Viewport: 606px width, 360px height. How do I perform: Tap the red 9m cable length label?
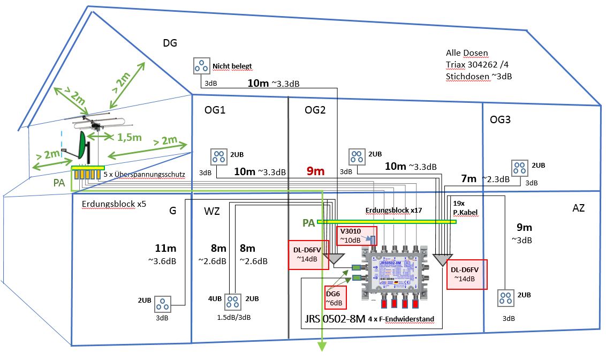pyautogui.click(x=316, y=171)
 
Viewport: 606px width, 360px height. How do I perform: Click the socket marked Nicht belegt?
pyautogui.click(x=202, y=66)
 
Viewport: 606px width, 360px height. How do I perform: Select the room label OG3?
pyautogui.click(x=500, y=119)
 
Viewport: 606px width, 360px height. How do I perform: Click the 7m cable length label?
pyautogui.click(x=468, y=178)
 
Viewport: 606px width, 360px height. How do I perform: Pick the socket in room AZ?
pyautogui.click(x=506, y=298)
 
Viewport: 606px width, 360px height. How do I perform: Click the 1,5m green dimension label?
pyautogui.click(x=129, y=137)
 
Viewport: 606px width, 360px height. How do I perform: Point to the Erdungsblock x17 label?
pyautogui.click(x=393, y=211)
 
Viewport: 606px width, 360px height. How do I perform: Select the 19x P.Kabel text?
pyautogui.click(x=464, y=208)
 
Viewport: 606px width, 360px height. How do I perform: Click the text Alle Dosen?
pyautogui.click(x=467, y=53)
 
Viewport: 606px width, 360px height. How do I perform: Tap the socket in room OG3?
pyautogui.click(x=519, y=168)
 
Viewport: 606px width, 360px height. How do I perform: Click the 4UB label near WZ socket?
pyautogui.click(x=214, y=298)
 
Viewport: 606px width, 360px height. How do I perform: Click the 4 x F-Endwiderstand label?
pyautogui.click(x=401, y=319)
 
